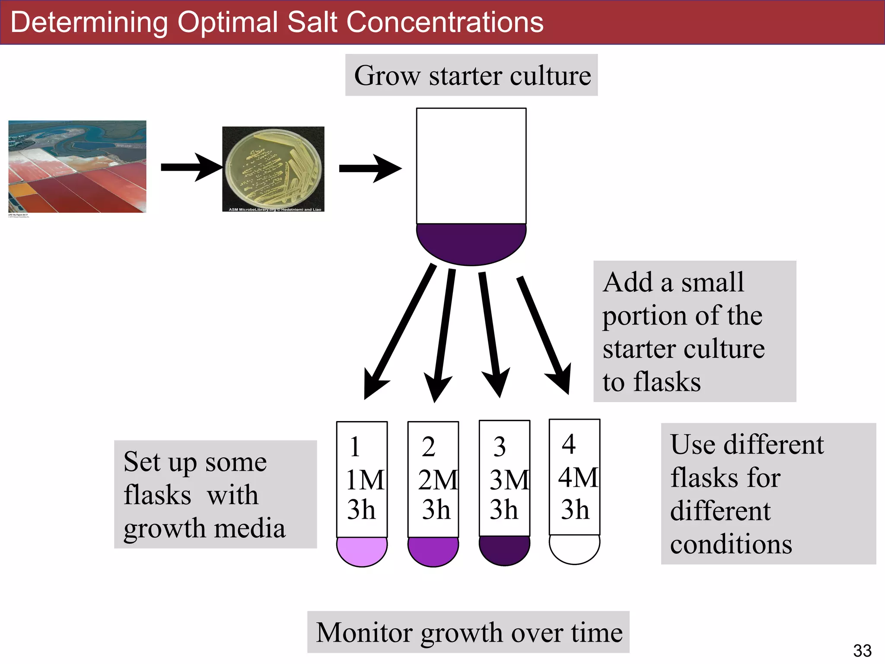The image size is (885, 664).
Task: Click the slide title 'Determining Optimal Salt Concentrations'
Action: click(277, 22)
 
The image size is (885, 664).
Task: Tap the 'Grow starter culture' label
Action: click(471, 76)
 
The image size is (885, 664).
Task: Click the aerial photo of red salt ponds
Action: click(77, 167)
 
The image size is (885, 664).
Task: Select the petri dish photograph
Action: click(273, 169)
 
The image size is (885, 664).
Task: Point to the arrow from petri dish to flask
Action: click(370, 168)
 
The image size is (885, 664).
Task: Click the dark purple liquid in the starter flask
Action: click(471, 243)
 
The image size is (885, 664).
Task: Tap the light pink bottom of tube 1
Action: click(362, 551)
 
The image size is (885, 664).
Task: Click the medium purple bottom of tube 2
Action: click(433, 551)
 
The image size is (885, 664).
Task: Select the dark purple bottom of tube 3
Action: click(504, 550)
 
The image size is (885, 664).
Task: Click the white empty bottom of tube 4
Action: click(574, 549)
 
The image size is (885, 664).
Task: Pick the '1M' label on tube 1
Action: click(365, 480)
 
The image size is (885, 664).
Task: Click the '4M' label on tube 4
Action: click(578, 478)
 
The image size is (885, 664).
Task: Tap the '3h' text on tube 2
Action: click(436, 510)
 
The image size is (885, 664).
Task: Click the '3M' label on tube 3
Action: click(509, 480)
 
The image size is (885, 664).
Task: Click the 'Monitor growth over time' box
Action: click(468, 632)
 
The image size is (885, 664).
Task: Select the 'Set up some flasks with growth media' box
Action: click(215, 494)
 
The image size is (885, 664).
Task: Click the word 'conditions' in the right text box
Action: click(731, 544)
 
